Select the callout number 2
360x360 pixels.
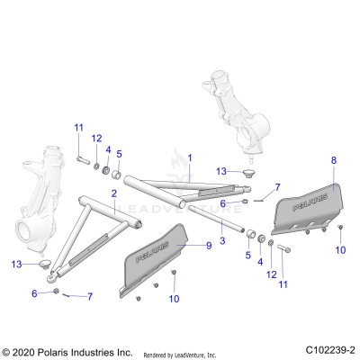point(114,194)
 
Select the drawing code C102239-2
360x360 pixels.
point(329,350)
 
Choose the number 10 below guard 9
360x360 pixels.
point(174,298)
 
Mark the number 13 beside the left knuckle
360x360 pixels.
point(15,264)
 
